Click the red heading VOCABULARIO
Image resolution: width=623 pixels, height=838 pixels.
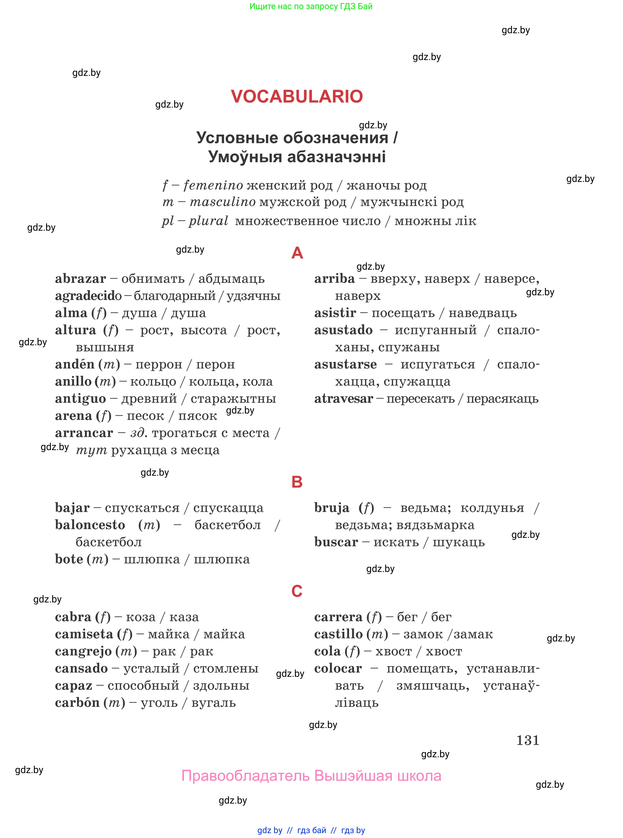[297, 97]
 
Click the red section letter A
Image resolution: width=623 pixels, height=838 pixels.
[297, 253]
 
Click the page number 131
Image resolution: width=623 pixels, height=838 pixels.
[528, 740]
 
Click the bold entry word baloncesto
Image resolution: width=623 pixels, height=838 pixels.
[90, 525]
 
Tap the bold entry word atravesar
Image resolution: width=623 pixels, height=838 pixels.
[344, 399]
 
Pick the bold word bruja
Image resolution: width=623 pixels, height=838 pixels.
[332, 508]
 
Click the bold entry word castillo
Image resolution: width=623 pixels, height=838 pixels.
[338, 634]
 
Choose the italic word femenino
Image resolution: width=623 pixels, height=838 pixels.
[213, 185]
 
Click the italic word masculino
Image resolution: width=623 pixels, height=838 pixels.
[223, 202]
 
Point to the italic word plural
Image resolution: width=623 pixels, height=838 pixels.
[209, 221]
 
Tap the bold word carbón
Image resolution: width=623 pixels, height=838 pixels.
[77, 703]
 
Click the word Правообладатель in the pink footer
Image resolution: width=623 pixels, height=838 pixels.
[245, 776]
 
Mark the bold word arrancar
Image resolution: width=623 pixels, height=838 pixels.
[84, 433]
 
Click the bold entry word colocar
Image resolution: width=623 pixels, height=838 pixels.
[338, 669]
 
